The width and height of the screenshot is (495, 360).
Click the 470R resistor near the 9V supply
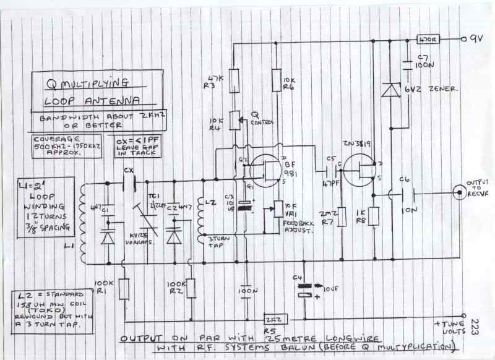[428, 38]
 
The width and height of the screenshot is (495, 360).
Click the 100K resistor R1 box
[124, 288]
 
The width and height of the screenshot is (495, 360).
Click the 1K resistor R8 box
[372, 217]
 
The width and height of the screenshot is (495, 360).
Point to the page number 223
[475, 328]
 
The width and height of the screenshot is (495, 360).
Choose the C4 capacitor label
[299, 278]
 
